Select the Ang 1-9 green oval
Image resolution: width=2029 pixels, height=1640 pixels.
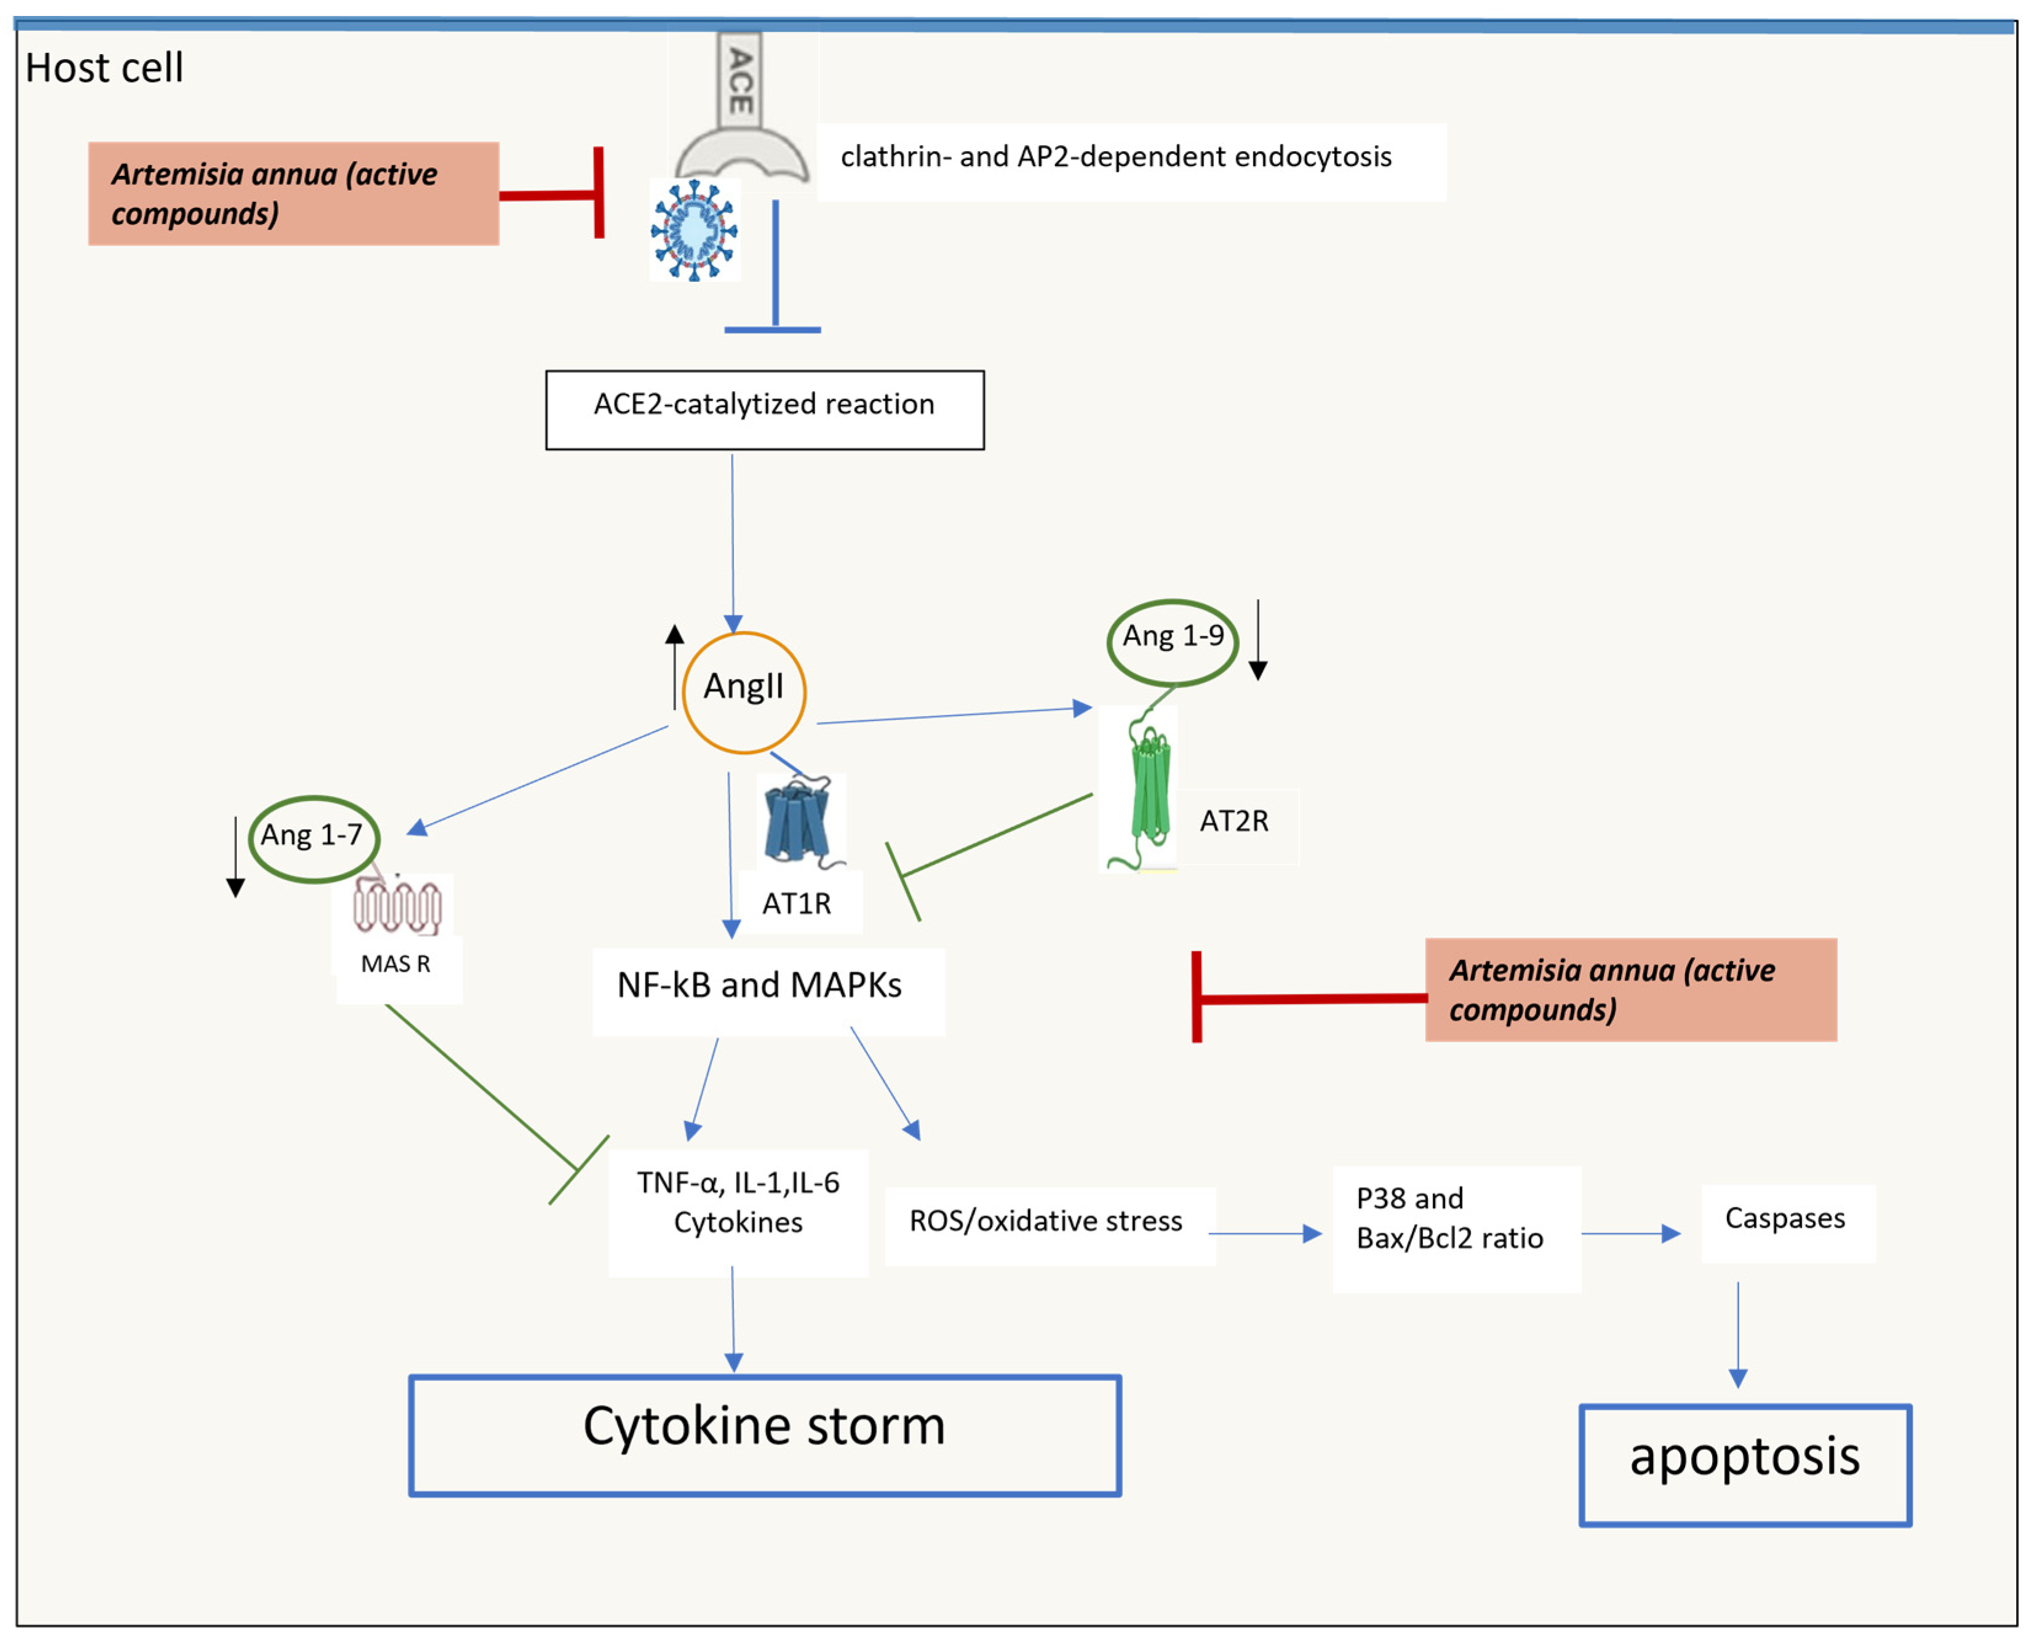(x=1171, y=642)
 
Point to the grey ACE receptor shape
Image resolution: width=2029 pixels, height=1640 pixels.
(x=741, y=113)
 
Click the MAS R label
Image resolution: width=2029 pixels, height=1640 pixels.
(x=395, y=963)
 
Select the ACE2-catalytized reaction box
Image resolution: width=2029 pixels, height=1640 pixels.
(x=764, y=409)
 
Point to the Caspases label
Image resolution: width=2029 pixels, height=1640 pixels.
(x=1784, y=1219)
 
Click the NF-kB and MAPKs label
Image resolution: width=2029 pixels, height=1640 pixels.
(x=759, y=985)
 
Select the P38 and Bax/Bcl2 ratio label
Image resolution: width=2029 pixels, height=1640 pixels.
(x=1449, y=1219)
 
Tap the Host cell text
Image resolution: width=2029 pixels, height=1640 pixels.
(x=104, y=68)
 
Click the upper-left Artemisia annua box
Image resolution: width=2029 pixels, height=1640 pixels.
(x=293, y=194)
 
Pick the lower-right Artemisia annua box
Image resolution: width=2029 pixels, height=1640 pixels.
(x=1630, y=989)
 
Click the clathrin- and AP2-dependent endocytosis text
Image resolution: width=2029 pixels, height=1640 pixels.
(x=1115, y=157)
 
